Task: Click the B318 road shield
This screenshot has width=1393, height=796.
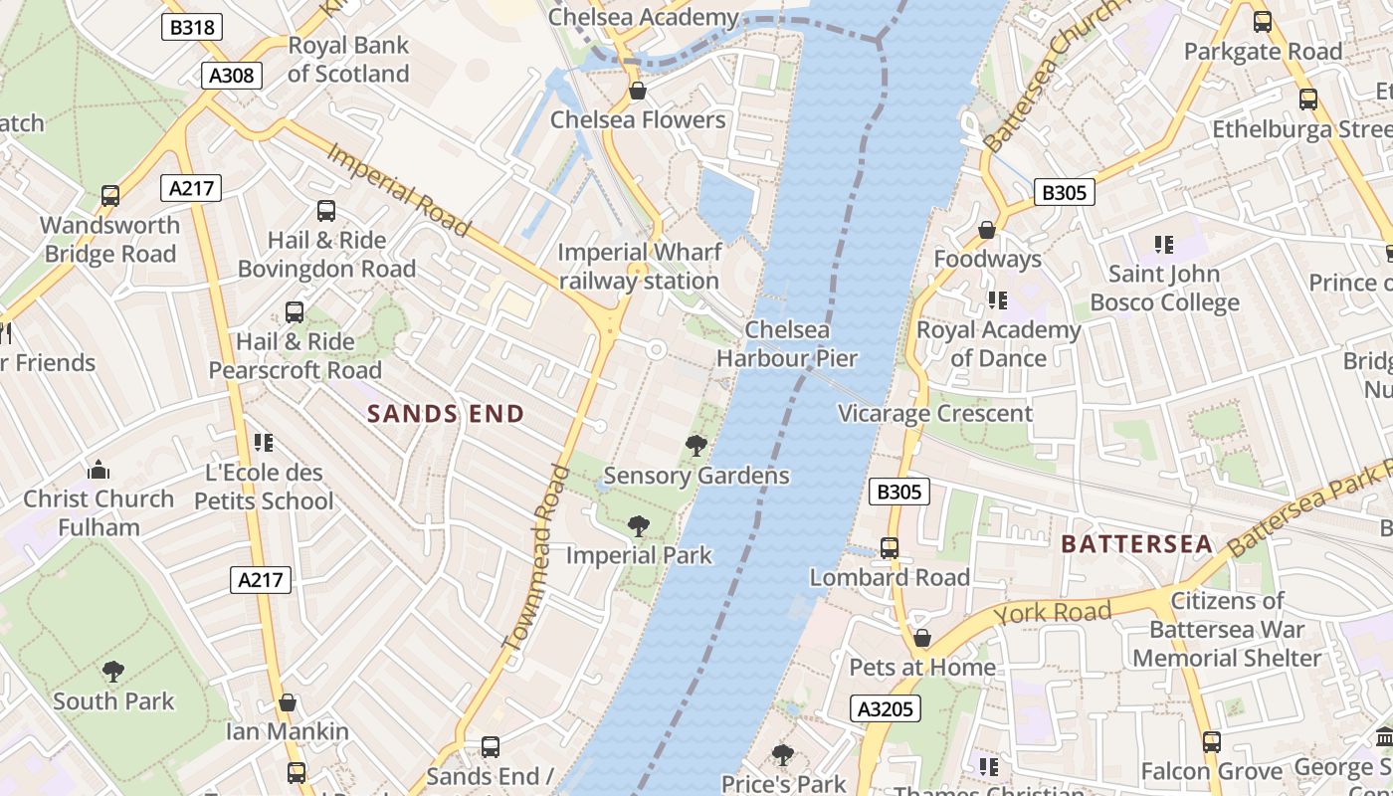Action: click(x=192, y=27)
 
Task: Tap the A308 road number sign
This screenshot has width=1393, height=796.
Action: click(x=232, y=76)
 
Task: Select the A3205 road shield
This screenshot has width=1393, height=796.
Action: click(x=886, y=708)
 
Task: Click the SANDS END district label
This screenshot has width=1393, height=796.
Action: click(x=446, y=414)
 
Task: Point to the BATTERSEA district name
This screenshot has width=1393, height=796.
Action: click(x=1136, y=544)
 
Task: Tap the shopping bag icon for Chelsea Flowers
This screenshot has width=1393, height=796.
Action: click(x=638, y=92)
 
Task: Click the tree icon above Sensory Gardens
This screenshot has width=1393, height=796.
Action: click(x=696, y=446)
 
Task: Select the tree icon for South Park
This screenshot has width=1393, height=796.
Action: click(x=113, y=672)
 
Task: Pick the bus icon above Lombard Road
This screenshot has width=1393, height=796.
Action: click(x=890, y=548)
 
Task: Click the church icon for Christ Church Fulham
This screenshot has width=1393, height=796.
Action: click(x=99, y=470)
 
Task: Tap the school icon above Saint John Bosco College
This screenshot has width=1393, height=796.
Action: click(x=1163, y=244)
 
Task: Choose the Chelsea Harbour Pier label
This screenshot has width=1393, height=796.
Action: click(x=787, y=343)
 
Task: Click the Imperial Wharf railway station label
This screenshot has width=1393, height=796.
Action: click(x=638, y=267)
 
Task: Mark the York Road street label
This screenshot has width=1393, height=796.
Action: click(x=1052, y=612)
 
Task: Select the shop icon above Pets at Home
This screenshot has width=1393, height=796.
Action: click(x=922, y=638)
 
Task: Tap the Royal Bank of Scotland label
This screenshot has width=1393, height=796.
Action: click(x=348, y=60)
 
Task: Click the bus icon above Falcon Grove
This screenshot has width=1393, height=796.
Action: click(x=1211, y=741)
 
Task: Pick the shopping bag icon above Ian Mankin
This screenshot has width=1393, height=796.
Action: click(x=288, y=702)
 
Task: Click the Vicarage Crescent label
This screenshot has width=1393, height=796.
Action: click(x=935, y=414)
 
